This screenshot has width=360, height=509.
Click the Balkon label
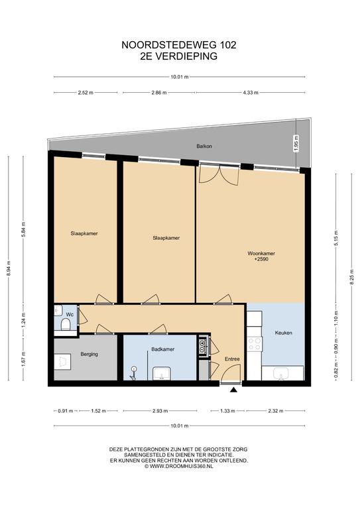[204, 146]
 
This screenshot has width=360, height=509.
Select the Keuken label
[283, 333]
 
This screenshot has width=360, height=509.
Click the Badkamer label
[163, 349]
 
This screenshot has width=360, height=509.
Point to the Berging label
[90, 354]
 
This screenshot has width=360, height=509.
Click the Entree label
[232, 359]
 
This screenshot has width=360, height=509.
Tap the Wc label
[70, 315]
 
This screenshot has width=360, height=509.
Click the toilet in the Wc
[66, 324]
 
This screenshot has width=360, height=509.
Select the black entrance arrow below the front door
[233, 390]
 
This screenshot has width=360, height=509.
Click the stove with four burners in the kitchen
[255, 344]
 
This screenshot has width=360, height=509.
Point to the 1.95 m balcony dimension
[296, 144]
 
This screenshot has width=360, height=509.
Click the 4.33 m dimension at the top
[251, 93]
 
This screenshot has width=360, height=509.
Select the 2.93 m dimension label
[160, 411]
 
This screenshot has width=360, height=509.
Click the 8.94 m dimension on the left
[9, 268]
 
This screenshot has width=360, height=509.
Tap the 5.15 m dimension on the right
[336, 238]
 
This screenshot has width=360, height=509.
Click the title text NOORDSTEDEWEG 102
[179, 45]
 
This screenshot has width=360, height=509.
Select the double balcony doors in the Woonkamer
[219, 175]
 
